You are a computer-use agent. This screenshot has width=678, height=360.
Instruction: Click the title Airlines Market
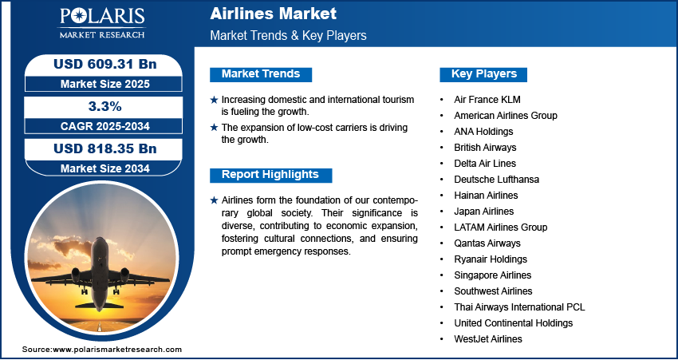coord(273,14)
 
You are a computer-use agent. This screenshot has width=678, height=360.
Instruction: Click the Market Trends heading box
coord(261,74)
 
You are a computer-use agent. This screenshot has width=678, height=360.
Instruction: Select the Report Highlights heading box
coord(270,175)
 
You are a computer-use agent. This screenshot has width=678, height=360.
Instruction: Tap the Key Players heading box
coord(484,74)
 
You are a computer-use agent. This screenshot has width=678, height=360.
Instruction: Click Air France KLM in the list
coord(487,100)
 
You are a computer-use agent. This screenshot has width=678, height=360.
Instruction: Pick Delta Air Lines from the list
coord(485,164)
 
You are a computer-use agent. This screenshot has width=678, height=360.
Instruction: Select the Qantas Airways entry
coord(487,243)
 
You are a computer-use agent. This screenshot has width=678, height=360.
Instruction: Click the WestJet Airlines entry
coord(488,339)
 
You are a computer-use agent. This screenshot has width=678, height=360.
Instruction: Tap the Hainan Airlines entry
coord(486,196)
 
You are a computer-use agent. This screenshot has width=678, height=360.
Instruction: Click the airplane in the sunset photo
coord(100,271)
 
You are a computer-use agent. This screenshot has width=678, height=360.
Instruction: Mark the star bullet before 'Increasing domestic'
coord(214,100)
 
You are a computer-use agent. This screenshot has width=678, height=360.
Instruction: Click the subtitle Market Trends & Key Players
coord(288,36)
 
